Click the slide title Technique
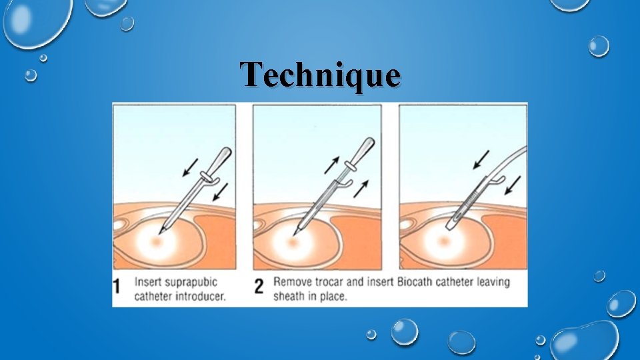(x=321, y=75)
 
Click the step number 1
(x=118, y=287)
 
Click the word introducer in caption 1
(x=201, y=296)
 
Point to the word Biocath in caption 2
(x=417, y=281)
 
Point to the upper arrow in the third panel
(x=481, y=160)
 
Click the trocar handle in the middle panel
(x=361, y=151)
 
